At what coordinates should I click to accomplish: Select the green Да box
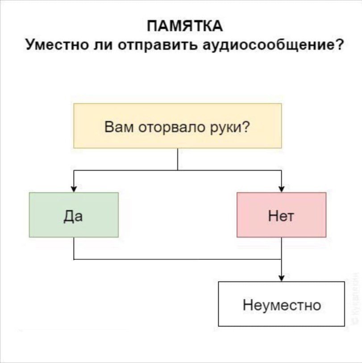74,214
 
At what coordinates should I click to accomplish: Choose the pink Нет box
281,214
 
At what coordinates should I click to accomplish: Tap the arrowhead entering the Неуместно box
281,278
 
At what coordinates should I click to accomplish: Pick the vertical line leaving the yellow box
178,159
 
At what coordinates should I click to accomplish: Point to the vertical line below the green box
74,248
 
